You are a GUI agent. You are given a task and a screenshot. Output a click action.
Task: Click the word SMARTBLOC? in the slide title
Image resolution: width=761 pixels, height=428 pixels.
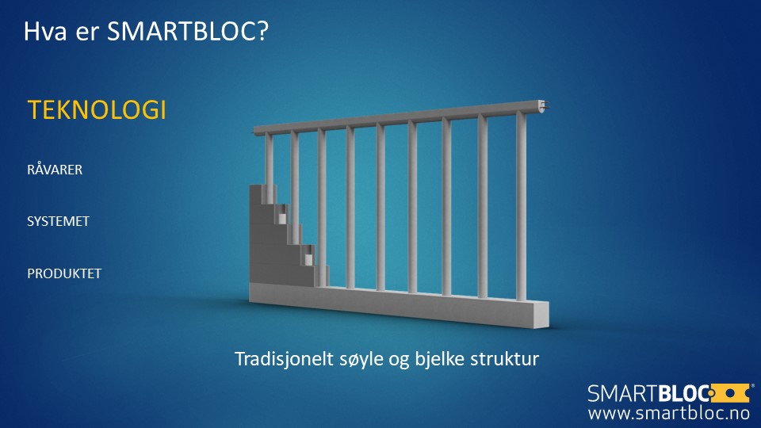coord(187,32)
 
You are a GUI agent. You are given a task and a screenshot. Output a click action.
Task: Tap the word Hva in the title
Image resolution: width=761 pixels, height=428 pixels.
coord(44,32)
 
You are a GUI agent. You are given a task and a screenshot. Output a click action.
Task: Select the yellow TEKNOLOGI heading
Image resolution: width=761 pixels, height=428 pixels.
coord(97,109)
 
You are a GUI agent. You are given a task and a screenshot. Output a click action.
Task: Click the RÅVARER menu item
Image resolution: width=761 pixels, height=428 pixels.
coord(55,169)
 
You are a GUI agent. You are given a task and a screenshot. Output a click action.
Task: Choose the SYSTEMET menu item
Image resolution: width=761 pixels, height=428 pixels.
coord(58,221)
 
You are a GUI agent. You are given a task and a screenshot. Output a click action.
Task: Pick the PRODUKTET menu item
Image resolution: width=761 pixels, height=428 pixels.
coord(64,273)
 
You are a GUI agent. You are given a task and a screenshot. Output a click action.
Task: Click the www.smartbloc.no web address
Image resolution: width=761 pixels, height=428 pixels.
coord(669,413)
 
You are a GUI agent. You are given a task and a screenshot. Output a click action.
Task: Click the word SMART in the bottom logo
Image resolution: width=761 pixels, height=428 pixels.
coord(623,394)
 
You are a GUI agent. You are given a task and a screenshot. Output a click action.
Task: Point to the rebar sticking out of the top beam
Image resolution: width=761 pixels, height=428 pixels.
coord(546,105)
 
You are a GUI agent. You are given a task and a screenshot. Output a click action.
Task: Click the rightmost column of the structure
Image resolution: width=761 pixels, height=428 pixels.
coord(521,206)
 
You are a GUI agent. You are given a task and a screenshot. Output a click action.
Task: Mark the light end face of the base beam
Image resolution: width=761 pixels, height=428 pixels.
coord(542,315)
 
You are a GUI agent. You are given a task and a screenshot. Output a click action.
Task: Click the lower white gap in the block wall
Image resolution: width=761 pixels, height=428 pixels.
coord(308,260)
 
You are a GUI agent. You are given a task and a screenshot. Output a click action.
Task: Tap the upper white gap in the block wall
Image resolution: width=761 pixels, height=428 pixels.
coord(282,219)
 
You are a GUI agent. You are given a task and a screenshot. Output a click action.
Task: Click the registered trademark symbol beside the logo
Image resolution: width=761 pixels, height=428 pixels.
coord(752,386)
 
